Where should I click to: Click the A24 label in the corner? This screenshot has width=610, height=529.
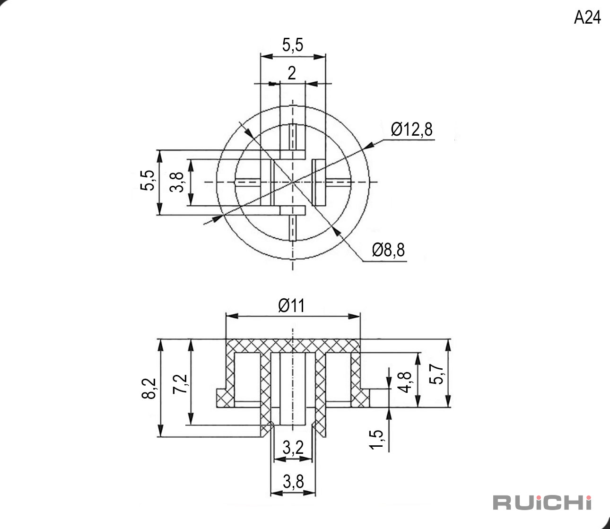tap(587, 17)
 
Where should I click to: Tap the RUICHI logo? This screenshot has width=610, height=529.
tap(542, 503)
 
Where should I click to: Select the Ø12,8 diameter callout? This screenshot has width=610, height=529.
tap(411, 130)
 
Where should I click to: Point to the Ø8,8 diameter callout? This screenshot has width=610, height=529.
tap(388, 250)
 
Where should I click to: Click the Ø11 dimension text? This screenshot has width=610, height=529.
tap(291, 305)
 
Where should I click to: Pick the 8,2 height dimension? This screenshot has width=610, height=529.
tap(148, 388)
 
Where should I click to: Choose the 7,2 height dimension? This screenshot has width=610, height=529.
tap(180, 384)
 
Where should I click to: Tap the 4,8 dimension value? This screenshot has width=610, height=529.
tap(405, 382)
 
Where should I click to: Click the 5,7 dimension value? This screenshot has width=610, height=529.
tap(436, 374)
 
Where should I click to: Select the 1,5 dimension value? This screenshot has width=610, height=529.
tap(375, 439)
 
